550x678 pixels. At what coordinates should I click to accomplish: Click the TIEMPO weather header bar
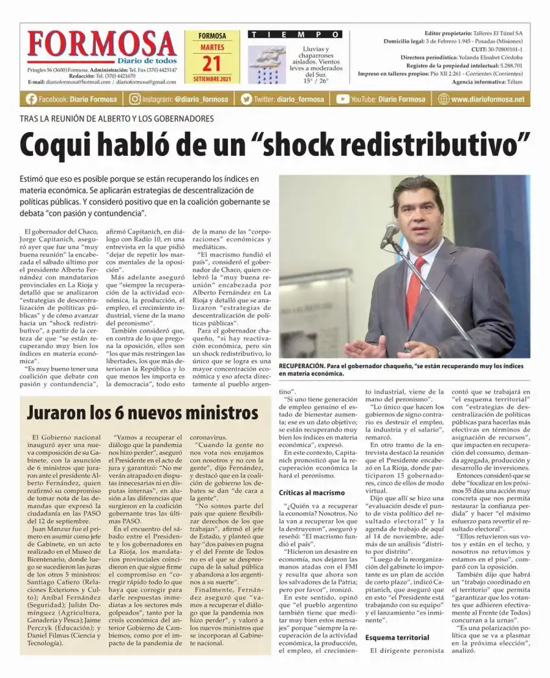tap(295, 34)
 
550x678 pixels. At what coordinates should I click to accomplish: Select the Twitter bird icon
tap(246, 99)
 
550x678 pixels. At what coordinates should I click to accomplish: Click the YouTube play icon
tap(342, 99)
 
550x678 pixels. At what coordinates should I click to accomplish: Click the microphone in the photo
tap(390, 234)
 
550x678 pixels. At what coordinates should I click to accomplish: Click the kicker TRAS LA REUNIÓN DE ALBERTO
tap(116, 118)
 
